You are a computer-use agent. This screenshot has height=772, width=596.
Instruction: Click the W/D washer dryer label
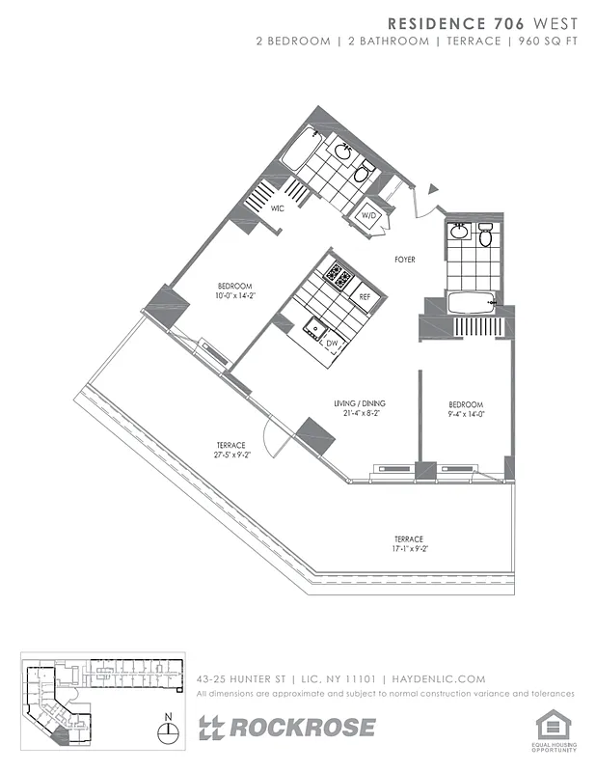click(x=368, y=216)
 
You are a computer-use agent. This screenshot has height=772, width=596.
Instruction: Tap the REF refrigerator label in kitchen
click(x=365, y=297)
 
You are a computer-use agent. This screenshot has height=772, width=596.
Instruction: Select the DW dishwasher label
click(x=331, y=343)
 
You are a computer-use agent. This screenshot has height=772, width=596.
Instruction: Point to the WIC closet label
click(x=277, y=207)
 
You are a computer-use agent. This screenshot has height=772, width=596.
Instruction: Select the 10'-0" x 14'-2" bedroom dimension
click(x=234, y=296)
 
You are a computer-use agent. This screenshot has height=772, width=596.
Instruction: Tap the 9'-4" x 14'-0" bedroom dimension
click(x=465, y=415)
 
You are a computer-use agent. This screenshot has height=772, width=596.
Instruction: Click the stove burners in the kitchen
click(x=339, y=277)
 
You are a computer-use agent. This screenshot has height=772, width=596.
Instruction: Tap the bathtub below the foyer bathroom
click(x=472, y=303)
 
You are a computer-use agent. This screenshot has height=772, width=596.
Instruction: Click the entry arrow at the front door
click(x=432, y=190)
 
